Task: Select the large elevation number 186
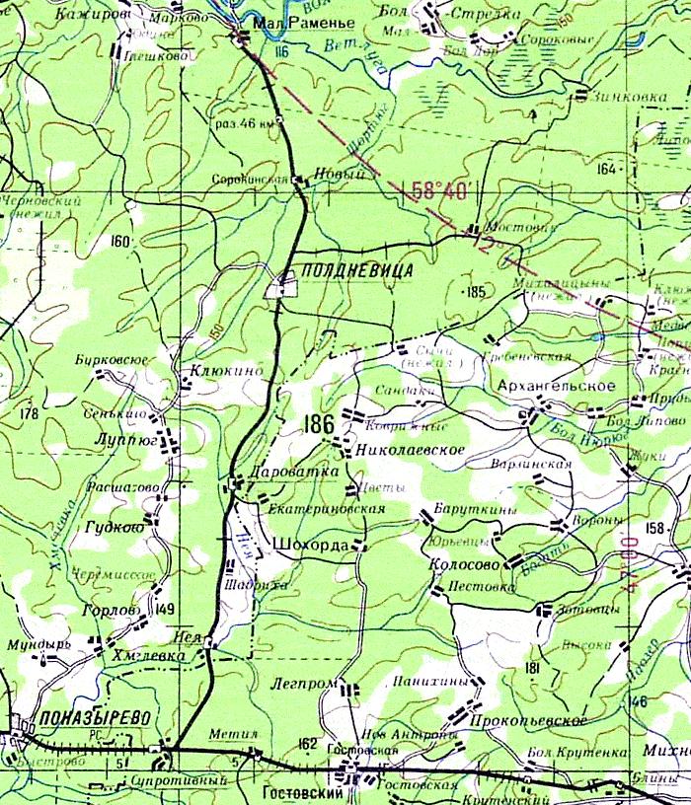coord(321,425)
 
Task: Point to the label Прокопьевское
coord(530,721)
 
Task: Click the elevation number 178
coord(28,413)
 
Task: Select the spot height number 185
coord(476,292)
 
